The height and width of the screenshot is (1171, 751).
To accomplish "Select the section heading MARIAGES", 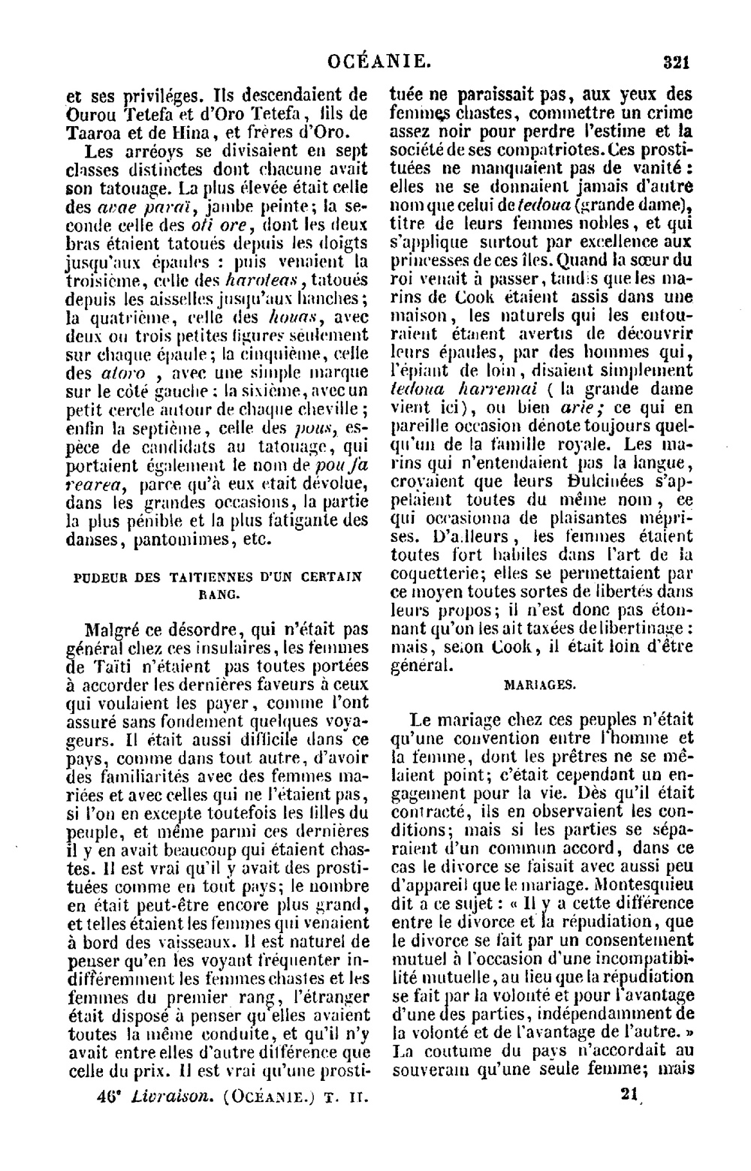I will click(x=540, y=684).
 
